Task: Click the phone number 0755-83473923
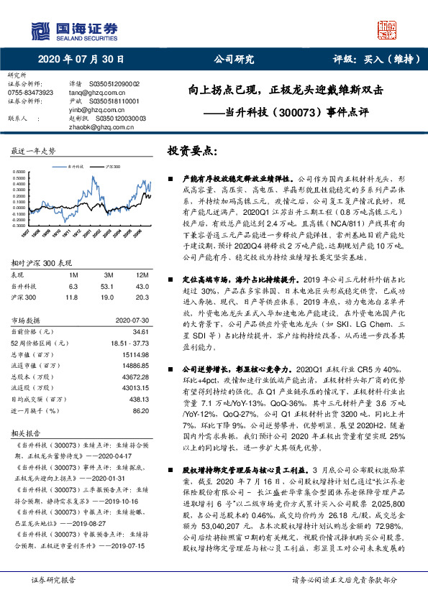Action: (x=30, y=93)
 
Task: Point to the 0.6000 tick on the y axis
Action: (x=18, y=171)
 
